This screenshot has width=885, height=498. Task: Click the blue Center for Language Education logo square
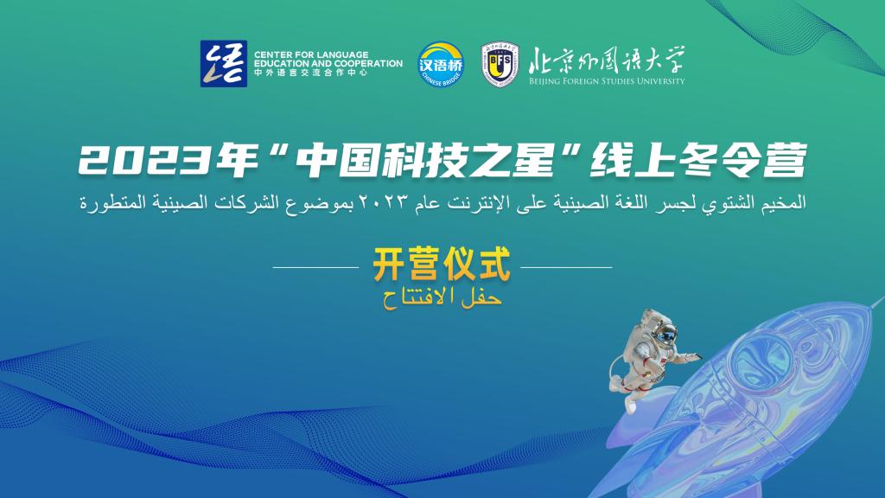coord(224,63)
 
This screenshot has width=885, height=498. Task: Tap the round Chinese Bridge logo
coord(441,64)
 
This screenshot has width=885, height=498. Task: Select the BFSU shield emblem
coord(500,64)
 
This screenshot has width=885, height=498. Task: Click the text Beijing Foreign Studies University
coord(607,80)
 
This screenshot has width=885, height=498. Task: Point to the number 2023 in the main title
coord(146,162)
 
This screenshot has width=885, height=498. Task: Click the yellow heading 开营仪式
coord(442,265)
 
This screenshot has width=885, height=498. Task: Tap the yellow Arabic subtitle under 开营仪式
coord(442,297)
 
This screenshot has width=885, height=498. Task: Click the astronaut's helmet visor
coord(666,335)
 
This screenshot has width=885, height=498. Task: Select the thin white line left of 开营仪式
coord(316,267)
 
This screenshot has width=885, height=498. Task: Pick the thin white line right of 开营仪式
coord(566,267)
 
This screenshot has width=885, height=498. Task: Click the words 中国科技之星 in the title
coord(425,160)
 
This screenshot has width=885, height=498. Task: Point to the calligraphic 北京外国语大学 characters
coord(607,61)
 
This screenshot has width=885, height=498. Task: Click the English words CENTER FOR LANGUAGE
coord(311,54)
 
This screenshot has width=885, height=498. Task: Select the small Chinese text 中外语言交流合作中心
coord(310,73)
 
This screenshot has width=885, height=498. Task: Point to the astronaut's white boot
coord(630,405)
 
